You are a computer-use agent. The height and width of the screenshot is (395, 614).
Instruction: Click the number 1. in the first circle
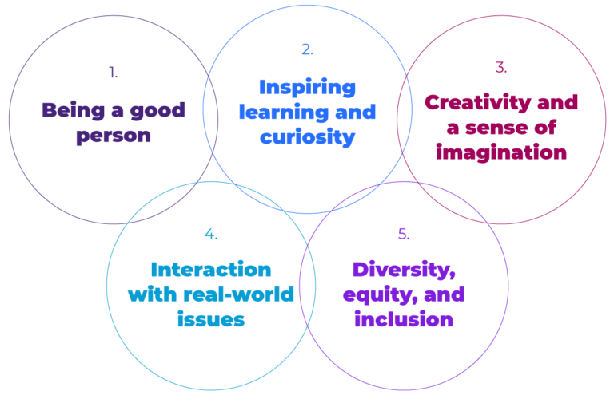click(x=113, y=73)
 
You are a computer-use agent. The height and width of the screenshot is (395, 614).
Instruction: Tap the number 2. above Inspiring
click(x=307, y=49)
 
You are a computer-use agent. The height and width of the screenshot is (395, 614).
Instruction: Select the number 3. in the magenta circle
click(x=500, y=68)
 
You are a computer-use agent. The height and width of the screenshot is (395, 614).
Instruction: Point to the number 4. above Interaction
click(x=211, y=234)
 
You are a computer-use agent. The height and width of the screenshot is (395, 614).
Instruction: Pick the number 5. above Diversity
click(x=404, y=234)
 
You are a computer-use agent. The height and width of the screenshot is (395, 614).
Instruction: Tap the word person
click(x=114, y=135)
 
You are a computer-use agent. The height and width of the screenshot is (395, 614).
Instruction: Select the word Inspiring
click(x=307, y=86)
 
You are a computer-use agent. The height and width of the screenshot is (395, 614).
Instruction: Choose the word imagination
click(x=501, y=152)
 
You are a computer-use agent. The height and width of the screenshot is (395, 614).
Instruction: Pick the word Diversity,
click(x=404, y=269)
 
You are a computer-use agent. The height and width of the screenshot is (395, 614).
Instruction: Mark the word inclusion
click(x=404, y=319)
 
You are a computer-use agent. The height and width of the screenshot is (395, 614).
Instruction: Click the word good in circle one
click(x=158, y=110)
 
